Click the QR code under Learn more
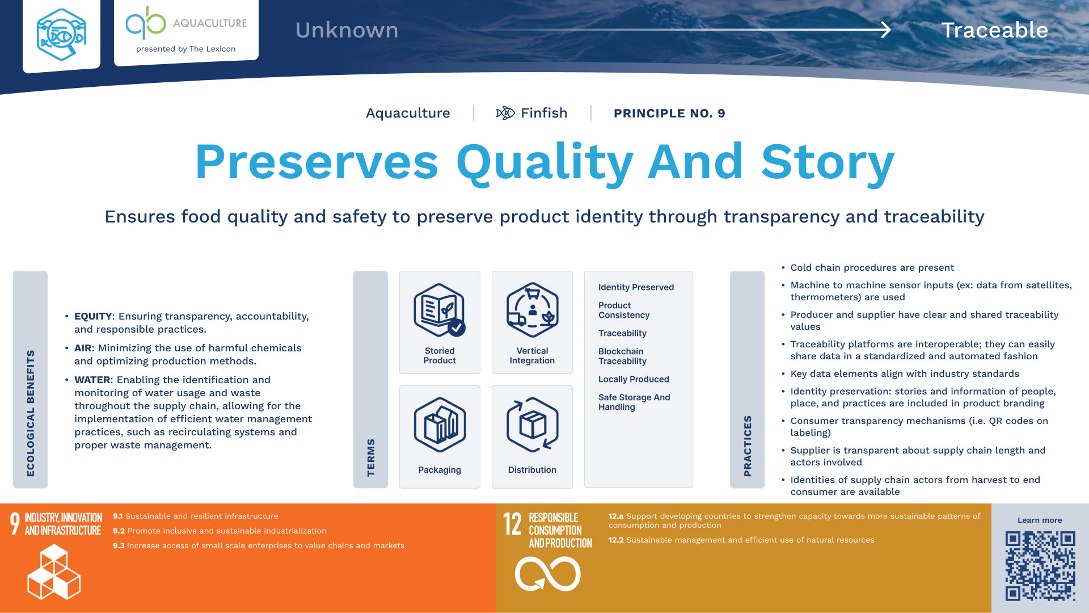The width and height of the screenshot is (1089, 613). tap(1040, 565)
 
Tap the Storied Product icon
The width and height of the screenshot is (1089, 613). tap(440, 310)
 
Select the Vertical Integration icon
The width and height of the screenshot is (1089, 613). tap(532, 310)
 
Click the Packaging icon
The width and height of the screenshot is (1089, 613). tap(440, 425)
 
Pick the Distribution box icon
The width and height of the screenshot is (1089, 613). tap(532, 426)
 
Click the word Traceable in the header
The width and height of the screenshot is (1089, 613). tap(994, 30)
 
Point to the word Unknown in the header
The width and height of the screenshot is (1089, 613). tap(347, 30)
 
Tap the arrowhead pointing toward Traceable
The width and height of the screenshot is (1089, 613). tap(885, 30)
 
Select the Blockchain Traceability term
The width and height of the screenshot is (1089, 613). tap(622, 356)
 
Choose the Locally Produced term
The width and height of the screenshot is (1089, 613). tap(634, 379)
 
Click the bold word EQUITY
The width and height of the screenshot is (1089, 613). tap(93, 316)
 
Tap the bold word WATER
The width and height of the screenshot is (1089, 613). tap(92, 380)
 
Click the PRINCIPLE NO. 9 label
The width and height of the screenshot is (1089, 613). tap(669, 113)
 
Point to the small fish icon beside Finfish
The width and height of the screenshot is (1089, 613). tap(505, 113)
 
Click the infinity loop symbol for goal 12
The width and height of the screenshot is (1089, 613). tap(547, 574)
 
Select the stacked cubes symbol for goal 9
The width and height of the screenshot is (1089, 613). tap(54, 572)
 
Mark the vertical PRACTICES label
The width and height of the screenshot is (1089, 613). tap(748, 446)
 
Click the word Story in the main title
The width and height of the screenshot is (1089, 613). tap(828, 162)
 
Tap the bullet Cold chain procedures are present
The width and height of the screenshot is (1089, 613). tap(872, 267)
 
